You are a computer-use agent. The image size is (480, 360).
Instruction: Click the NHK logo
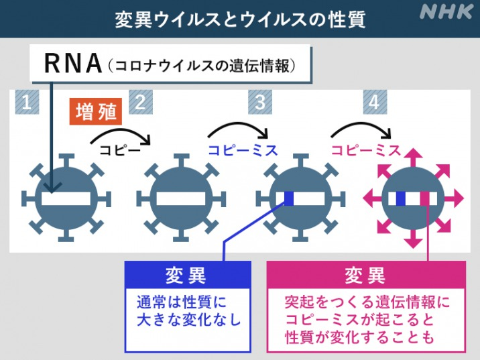pyautogui.click(x=446, y=11)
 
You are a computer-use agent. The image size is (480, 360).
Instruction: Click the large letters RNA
pyautogui.click(x=73, y=64)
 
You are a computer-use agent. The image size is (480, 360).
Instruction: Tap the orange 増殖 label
pyautogui.click(x=95, y=111)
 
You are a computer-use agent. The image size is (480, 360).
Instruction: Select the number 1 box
pyautogui.click(x=27, y=102)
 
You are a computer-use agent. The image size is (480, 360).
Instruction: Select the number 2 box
pyautogui.click(x=141, y=102)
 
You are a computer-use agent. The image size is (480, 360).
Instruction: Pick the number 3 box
pyautogui.click(x=260, y=102)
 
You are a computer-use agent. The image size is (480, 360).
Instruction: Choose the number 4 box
pyautogui.click(x=375, y=102)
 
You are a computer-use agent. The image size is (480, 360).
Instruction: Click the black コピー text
pyautogui.click(x=120, y=149)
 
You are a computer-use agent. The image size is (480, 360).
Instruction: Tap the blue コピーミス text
pyautogui.click(x=243, y=150)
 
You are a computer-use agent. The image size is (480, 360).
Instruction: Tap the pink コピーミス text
pyautogui.click(x=366, y=150)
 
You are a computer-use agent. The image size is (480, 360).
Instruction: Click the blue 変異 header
pyautogui.click(x=188, y=275)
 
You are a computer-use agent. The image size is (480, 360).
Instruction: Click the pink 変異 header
pyautogui.click(x=367, y=275)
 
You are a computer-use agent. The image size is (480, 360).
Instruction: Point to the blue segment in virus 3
pyautogui.click(x=289, y=198)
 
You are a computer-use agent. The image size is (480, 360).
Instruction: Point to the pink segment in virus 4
pyautogui.click(x=425, y=198)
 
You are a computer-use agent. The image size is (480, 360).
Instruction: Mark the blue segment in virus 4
pyautogui.click(x=401, y=198)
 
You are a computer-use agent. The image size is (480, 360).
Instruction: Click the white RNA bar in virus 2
pyautogui.click(x=181, y=198)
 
